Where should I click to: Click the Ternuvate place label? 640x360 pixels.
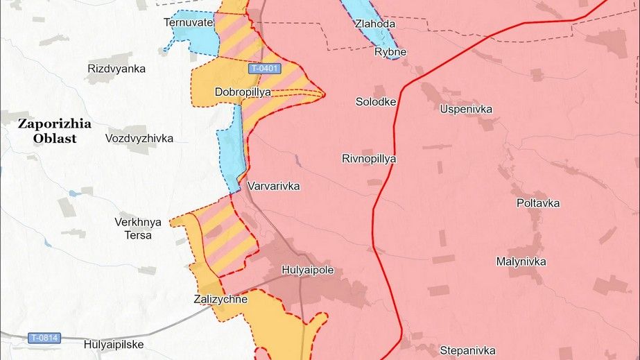[x=188, y=22]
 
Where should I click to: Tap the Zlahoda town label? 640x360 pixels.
[x=374, y=24]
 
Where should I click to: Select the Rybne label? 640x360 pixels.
[x=390, y=52]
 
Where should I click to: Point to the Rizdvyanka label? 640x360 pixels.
[x=116, y=69]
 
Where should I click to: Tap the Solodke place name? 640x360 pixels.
[x=376, y=102]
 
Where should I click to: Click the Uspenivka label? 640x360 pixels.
[x=466, y=109]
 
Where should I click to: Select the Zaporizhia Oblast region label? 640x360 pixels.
[x=55, y=131]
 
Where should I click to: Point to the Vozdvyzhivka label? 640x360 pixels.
[x=139, y=138]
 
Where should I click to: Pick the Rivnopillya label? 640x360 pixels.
[x=369, y=159]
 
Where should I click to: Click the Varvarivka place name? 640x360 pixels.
[x=274, y=187]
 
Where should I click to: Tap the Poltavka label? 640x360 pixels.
[x=538, y=203]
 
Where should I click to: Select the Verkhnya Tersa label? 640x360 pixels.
[x=138, y=228]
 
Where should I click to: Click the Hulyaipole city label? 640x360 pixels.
[x=309, y=268]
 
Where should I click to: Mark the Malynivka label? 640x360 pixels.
[x=521, y=262]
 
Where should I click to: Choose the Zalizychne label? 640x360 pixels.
[x=220, y=300]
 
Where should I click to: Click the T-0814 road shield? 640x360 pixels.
[x=44, y=338]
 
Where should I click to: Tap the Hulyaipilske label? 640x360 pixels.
[x=113, y=343]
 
